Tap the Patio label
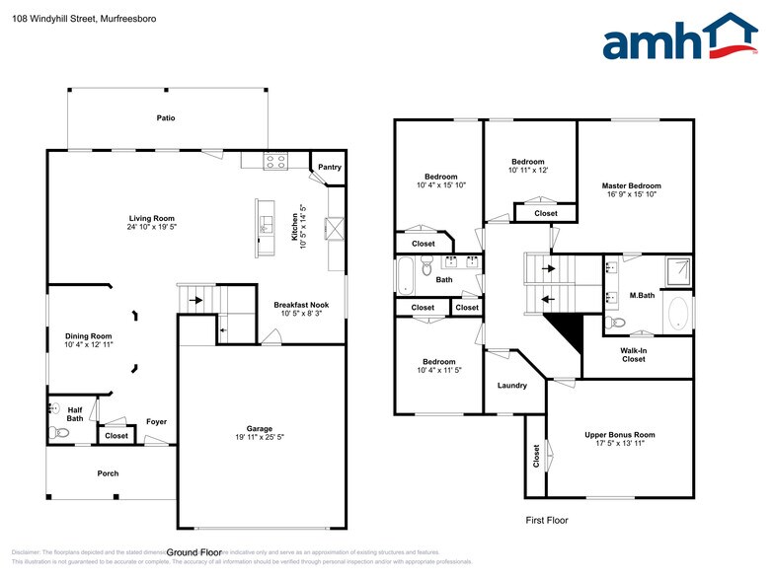pos(166,118)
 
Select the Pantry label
pos(329,168)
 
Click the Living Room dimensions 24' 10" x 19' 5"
pos(151,227)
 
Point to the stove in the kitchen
pos(275,161)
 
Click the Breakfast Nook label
pos(301,306)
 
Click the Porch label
pos(108,473)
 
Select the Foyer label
pos(156,422)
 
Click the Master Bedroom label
pos(631,185)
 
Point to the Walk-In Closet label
pos(633,354)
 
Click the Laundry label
pos(512,386)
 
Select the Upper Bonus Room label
pos(619,435)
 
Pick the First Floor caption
pos(546,520)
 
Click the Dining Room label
pos(89,336)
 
